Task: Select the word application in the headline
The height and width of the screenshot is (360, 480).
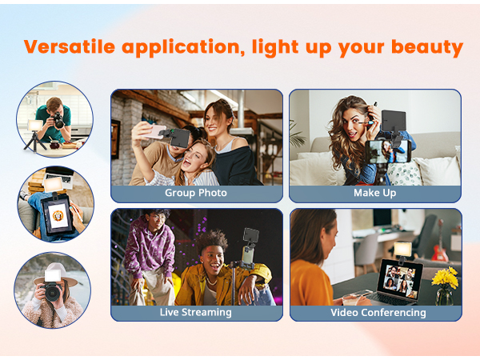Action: pyautogui.click(x=184, y=46)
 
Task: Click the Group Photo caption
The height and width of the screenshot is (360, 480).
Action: pyautogui.click(x=196, y=193)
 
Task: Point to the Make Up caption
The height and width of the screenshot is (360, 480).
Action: pyautogui.click(x=374, y=193)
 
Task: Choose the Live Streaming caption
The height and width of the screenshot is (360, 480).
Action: pyautogui.click(x=196, y=312)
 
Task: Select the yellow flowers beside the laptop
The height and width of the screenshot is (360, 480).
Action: pyautogui.click(x=444, y=278)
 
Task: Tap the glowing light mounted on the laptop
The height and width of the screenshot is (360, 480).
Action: pyautogui.click(x=402, y=249)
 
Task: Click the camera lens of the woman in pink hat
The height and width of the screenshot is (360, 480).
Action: pyautogui.click(x=54, y=293)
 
